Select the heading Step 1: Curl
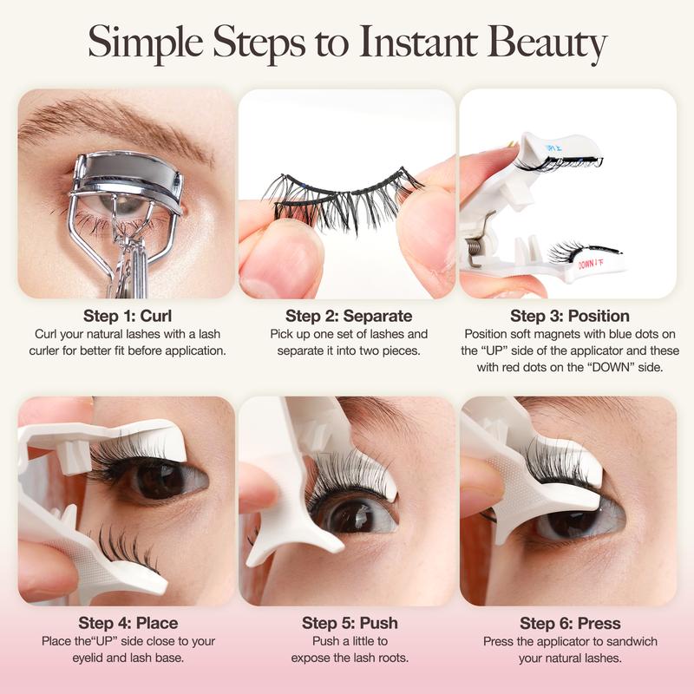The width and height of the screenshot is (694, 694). [126, 315]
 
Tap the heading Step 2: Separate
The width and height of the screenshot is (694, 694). [348, 315]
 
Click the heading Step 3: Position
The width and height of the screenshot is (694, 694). [569, 315]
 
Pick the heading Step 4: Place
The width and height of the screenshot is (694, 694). [128, 623]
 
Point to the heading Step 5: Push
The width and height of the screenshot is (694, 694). [348, 623]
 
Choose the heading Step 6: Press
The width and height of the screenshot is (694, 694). [569, 623]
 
